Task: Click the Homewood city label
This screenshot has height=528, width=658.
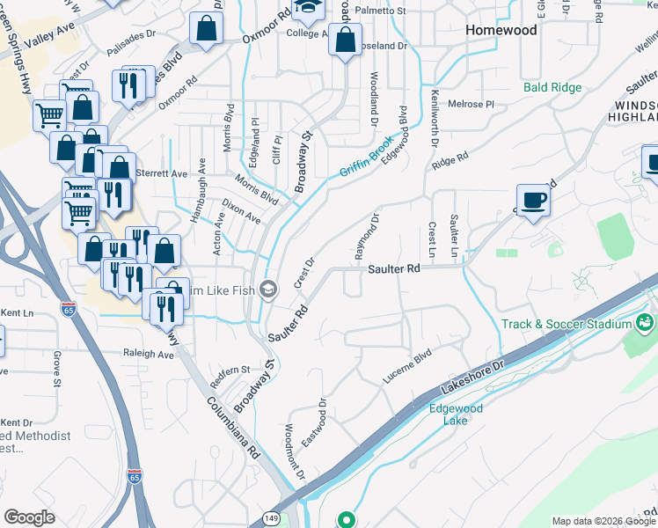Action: [x=501, y=30]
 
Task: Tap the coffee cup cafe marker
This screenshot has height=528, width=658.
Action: [x=533, y=202]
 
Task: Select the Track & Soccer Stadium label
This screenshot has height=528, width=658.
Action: [x=567, y=324]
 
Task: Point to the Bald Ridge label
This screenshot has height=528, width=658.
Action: [x=552, y=87]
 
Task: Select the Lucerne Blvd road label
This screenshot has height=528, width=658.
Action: [x=407, y=369]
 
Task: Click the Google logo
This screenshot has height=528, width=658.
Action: [x=29, y=517]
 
